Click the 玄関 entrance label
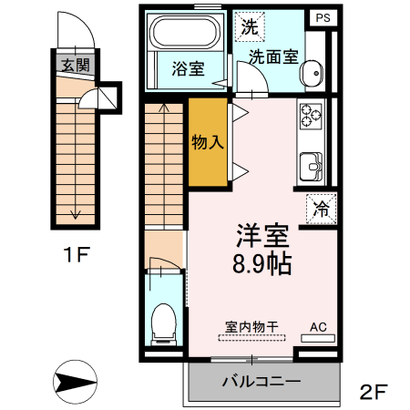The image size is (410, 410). coord(74,66)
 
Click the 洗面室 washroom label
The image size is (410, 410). coord(274,56)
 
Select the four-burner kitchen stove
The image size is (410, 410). coord(311,117)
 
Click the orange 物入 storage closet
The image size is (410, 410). coord(208,142)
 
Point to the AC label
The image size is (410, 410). coord(318,325)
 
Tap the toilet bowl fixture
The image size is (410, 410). coord(164,321)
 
